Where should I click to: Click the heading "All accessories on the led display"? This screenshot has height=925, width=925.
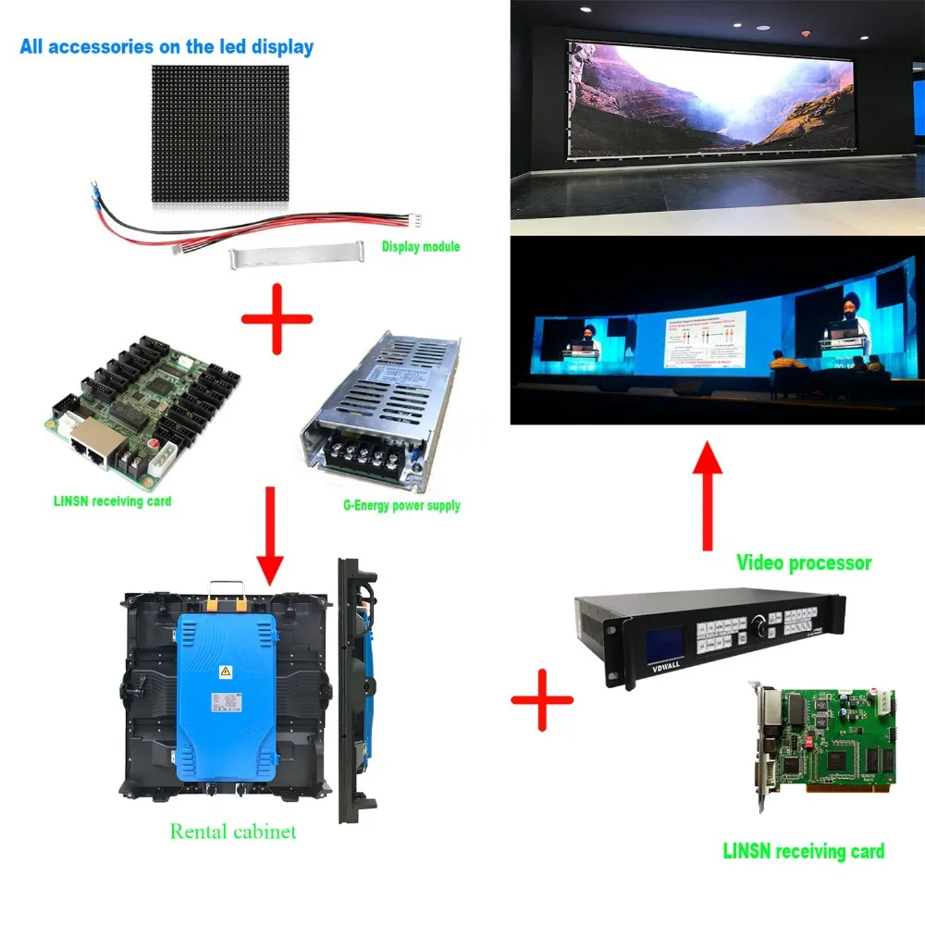pyautogui.click(x=166, y=46)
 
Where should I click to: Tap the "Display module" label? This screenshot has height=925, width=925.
pyautogui.click(x=421, y=247)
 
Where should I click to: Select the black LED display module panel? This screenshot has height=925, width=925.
pyautogui.click(x=220, y=134)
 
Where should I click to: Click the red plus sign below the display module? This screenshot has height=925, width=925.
pyautogui.click(x=277, y=320)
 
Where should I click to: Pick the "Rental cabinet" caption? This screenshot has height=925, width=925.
pyautogui.click(x=233, y=831)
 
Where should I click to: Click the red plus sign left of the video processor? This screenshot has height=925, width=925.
pyautogui.click(x=542, y=700)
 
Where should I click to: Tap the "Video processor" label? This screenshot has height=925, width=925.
pyautogui.click(x=803, y=561)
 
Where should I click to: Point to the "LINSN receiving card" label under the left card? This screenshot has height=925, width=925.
pyautogui.click(x=112, y=502)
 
